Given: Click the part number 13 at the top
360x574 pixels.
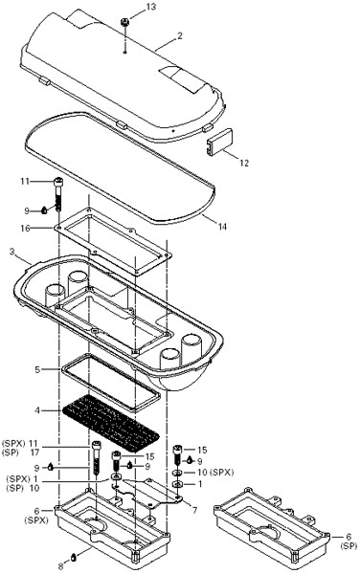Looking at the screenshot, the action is [150, 7].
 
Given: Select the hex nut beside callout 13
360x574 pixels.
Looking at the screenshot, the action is [124, 22].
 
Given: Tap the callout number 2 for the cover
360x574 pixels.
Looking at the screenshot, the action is [180, 36].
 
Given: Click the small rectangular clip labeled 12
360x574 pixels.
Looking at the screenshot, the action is [220, 141].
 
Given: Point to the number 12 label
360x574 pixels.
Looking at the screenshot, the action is [244, 163].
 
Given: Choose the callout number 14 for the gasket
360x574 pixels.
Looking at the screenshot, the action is [222, 227].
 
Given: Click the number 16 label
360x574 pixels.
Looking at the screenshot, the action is [25, 229].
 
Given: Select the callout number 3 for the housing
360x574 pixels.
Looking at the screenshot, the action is [12, 252].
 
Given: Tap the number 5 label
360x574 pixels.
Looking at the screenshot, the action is [37, 369].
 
